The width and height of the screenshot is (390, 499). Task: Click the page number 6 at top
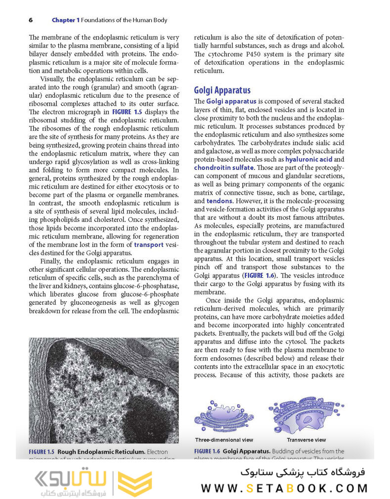31,20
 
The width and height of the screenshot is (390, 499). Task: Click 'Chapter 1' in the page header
65,20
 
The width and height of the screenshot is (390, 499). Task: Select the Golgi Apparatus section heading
222,90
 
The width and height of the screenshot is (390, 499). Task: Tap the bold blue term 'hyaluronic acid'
308,160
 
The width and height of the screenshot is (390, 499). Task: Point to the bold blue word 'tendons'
218,201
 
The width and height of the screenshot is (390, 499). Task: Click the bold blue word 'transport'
148,244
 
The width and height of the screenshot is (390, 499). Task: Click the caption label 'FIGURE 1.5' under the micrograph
41,452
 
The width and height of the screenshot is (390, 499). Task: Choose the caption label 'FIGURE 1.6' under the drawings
207,451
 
